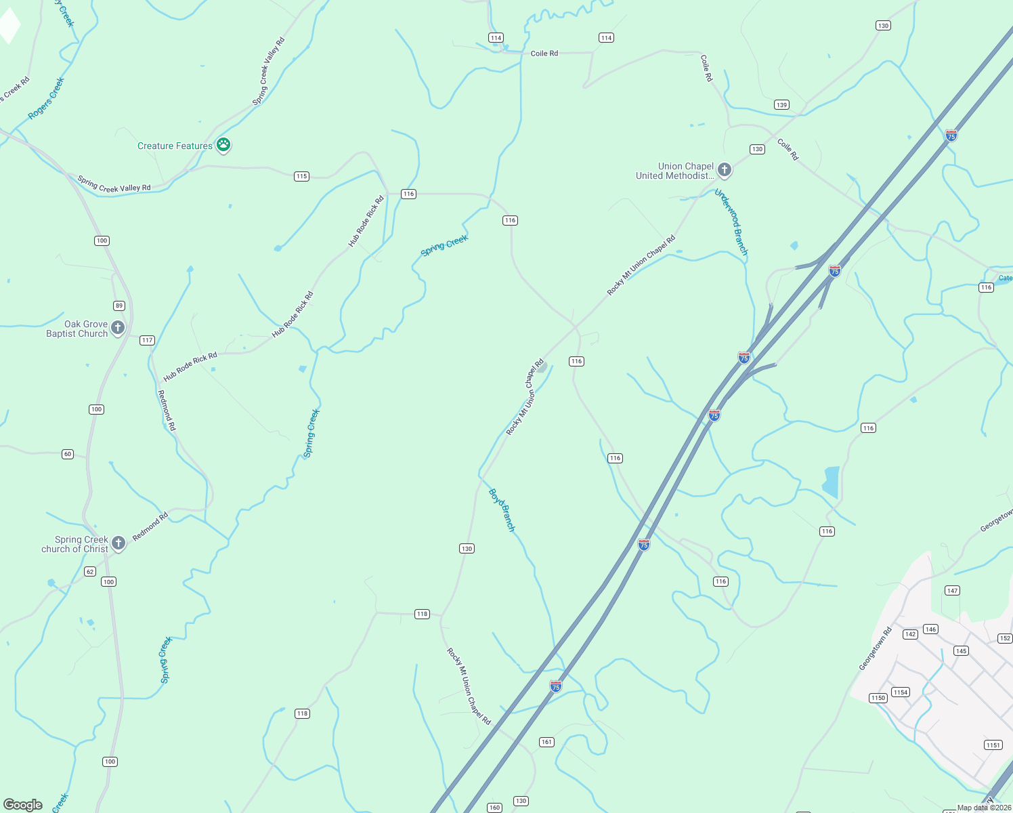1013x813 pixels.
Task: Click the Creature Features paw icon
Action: click(223, 145)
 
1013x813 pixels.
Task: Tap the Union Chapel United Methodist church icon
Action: click(725, 170)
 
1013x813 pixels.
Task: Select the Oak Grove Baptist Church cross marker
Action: click(118, 329)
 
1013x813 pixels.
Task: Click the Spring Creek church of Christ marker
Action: click(118, 543)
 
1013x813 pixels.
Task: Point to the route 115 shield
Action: click(302, 176)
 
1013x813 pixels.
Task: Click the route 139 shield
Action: click(781, 105)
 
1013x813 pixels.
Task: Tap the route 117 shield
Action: click(147, 340)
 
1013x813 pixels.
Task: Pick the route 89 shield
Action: click(119, 306)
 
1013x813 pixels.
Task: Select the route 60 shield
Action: click(68, 454)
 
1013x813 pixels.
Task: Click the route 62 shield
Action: click(90, 572)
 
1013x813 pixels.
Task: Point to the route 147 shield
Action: click(952, 591)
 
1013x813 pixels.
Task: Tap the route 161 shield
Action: click(546, 742)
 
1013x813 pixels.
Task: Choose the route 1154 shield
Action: click(900, 692)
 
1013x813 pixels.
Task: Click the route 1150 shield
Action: click(878, 698)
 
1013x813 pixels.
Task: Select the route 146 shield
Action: click(930, 629)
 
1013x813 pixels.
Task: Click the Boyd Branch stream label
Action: click(502, 510)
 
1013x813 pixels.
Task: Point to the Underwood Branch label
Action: click(732, 222)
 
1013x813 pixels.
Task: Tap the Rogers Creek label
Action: click(47, 99)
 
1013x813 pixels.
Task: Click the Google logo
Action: click(22, 805)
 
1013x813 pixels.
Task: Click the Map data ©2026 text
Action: click(984, 808)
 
